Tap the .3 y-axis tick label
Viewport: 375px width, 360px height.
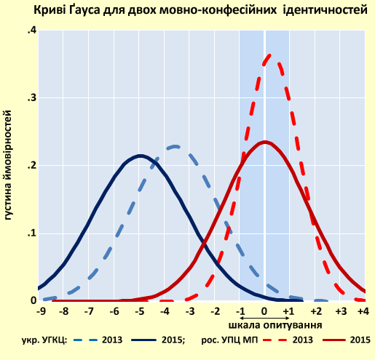30,98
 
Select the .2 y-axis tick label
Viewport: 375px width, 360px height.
30,166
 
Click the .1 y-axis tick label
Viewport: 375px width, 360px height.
30,233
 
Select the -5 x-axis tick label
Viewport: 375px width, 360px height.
140,311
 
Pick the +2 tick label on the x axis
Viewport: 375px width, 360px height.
315,311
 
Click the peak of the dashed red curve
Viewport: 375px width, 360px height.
267,55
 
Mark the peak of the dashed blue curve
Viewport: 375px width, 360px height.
175,147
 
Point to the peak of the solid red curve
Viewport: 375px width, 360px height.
265,142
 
